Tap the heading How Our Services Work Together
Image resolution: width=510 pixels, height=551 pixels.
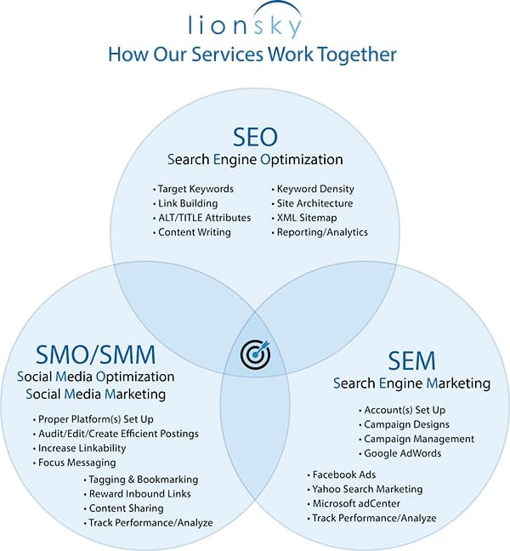coord(252,55)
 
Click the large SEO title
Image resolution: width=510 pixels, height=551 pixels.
coord(255,136)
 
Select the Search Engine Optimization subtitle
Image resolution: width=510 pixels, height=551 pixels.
coord(255,159)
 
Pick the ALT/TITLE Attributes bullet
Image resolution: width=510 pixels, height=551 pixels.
coord(204,218)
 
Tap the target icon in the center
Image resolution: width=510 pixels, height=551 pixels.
coord(255,354)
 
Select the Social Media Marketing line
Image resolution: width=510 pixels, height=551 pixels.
coord(95,394)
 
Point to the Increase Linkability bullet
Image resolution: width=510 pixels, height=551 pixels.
coord(82,448)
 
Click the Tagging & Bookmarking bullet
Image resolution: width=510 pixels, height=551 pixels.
coord(144,480)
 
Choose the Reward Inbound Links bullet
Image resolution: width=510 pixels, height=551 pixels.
coord(140,494)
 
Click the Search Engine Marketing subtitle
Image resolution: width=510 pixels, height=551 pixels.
coord(411,383)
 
